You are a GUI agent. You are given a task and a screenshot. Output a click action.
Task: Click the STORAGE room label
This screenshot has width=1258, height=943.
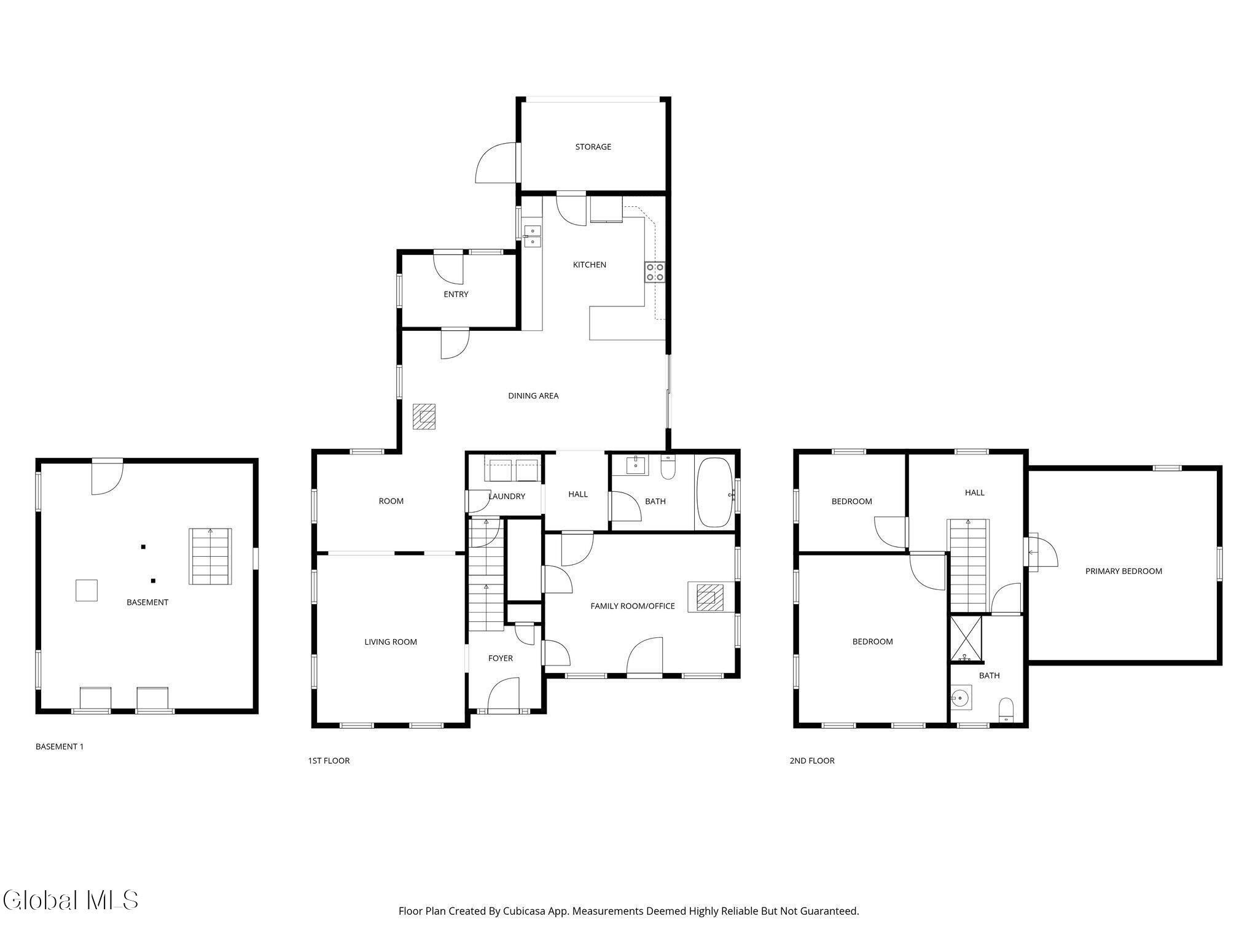593,147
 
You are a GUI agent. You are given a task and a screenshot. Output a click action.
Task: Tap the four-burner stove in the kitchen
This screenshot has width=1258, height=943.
654,272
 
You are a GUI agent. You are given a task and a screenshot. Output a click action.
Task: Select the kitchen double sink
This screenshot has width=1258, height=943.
533,236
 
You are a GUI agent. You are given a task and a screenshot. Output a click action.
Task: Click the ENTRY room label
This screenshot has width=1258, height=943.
456,295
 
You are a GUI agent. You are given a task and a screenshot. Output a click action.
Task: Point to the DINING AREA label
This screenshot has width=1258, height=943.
533,396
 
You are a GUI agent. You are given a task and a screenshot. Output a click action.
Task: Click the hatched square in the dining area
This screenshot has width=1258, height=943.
424,416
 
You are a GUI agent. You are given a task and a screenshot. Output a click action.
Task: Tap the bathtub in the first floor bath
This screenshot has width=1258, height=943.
715,492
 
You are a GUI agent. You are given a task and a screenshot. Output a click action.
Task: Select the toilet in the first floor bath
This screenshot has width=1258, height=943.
667,468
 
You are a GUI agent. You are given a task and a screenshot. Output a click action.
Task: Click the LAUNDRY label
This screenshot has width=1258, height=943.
507,496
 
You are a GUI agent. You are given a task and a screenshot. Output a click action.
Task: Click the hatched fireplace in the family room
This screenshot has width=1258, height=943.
710,597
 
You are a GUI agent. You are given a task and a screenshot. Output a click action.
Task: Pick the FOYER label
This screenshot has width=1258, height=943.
501,658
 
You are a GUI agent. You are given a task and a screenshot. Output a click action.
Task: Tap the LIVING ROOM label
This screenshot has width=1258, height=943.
391,642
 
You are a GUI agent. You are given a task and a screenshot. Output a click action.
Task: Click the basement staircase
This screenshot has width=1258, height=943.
210,556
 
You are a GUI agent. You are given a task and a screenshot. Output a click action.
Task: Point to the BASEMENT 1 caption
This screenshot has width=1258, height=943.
60,747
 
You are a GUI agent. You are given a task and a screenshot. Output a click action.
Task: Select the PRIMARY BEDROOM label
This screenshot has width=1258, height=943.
1123,571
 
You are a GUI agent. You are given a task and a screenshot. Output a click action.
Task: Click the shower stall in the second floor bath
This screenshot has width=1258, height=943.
966,639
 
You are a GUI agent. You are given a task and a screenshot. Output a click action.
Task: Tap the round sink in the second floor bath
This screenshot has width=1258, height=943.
960,698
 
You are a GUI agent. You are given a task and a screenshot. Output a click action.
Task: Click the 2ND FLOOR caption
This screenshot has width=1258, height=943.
812,761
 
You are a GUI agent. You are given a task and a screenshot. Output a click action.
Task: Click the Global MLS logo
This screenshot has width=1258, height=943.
70,900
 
